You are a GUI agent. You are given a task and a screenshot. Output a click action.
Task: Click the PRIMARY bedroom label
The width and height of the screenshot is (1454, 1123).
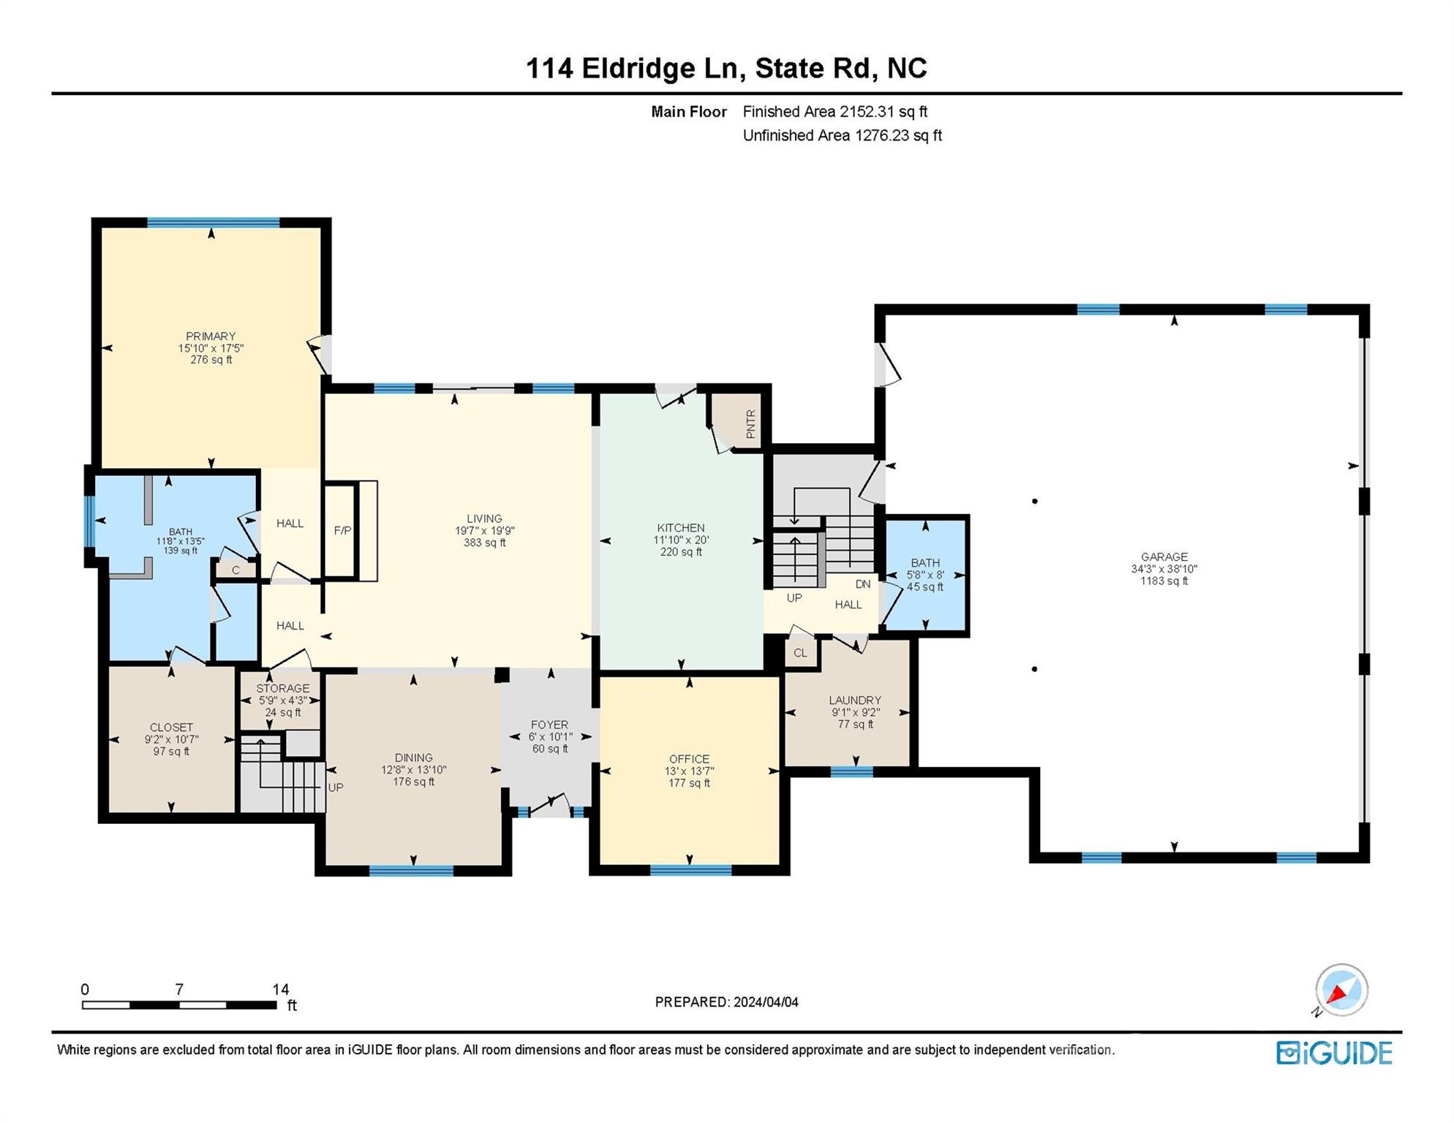pyautogui.click(x=211, y=336)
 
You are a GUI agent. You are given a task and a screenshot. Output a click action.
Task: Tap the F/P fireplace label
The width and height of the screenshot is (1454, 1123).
pyautogui.click(x=342, y=531)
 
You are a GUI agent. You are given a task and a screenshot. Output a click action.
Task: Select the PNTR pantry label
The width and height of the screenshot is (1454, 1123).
pyautogui.click(x=750, y=424)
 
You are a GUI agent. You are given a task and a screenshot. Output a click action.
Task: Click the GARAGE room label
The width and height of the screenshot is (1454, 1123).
pyautogui.click(x=1164, y=557)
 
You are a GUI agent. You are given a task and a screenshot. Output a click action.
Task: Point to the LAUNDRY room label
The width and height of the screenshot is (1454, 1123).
pyautogui.click(x=855, y=700)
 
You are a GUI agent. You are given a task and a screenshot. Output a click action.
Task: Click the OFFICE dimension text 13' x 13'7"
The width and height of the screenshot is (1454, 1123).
pyautogui.click(x=689, y=771)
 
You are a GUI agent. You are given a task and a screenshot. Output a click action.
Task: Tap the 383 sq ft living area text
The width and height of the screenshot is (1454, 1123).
pyautogui.click(x=484, y=542)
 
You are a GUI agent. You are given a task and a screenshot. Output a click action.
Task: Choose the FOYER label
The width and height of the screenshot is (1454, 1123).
pyautogui.click(x=549, y=725)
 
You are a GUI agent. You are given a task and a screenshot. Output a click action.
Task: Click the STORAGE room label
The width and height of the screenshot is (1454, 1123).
pyautogui.click(x=283, y=689)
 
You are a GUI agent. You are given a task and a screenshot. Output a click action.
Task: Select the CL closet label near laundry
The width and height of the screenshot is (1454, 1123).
pyautogui.click(x=800, y=653)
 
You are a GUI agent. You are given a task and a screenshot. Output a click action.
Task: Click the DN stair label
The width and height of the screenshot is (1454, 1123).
pyautogui.click(x=863, y=584)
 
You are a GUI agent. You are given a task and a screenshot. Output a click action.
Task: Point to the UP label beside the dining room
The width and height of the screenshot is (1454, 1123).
pyautogui.click(x=336, y=787)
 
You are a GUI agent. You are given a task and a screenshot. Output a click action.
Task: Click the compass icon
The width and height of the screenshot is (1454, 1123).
pyautogui.click(x=1341, y=990)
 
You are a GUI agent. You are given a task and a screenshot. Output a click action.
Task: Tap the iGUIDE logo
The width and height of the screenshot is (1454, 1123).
pyautogui.click(x=1335, y=1054)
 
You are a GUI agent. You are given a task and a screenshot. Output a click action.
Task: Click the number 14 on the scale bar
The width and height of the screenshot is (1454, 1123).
pyautogui.click(x=281, y=989)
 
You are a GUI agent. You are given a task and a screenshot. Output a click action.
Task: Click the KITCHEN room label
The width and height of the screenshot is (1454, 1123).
pyautogui.click(x=681, y=528)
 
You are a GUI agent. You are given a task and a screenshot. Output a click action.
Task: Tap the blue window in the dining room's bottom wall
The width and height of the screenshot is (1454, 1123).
pyautogui.click(x=411, y=870)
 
